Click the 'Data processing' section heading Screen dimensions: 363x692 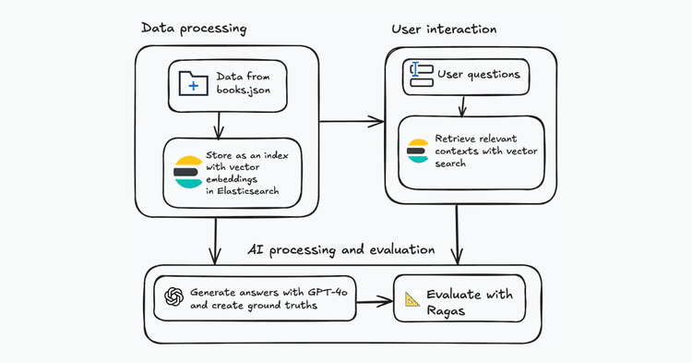(x=194, y=28)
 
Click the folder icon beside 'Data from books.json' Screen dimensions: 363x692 (x=193, y=84)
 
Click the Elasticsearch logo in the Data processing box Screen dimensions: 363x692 (x=187, y=172)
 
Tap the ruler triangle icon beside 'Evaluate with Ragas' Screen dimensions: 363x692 (x=412, y=299)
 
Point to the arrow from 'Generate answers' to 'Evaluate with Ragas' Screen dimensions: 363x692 (x=374, y=299)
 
